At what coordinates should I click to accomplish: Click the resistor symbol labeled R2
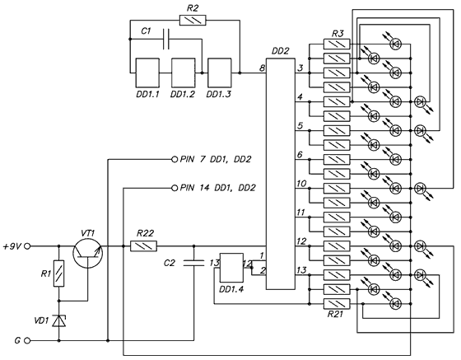[193, 21]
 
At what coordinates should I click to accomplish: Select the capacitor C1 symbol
[166, 39]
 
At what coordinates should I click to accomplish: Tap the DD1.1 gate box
[147, 73]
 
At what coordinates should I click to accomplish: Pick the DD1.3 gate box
[219, 73]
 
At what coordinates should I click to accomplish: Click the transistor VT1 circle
[87, 254]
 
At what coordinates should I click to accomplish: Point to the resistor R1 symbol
[58, 274]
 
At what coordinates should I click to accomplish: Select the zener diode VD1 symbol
[58, 320]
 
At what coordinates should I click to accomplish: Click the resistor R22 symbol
[143, 245]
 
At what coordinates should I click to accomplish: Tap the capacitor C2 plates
[193, 263]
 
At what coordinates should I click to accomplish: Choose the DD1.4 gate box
[231, 268]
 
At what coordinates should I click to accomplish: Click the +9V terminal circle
[27, 246]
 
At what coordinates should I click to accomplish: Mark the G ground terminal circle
[27, 340]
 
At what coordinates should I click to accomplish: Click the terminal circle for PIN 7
[175, 160]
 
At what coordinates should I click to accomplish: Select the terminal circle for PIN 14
[175, 188]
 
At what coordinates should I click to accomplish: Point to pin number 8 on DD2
[262, 68]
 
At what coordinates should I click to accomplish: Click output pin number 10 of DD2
[301, 184]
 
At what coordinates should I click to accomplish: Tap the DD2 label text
[280, 51]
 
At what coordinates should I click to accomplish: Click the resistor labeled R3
[337, 44]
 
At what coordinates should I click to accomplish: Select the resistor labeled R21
[337, 304]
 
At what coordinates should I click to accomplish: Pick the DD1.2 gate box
[183, 73]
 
